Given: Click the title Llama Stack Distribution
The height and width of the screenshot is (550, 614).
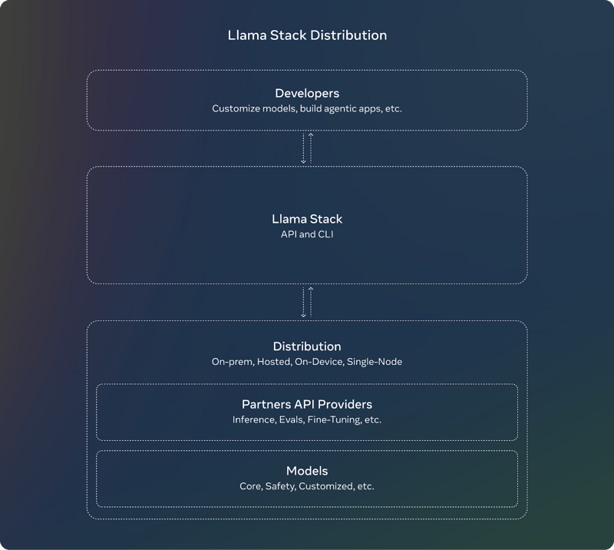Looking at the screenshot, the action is coord(307,35).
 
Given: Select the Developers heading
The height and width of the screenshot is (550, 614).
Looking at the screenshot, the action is coord(307,93).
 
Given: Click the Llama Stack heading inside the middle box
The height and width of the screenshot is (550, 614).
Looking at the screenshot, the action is coord(307,219).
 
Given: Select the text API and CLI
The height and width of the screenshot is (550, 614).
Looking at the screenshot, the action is coord(307,234).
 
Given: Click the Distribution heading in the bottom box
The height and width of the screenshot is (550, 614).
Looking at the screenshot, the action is coord(307,346).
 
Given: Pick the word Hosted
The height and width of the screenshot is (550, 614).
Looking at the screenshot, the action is coord(275,362).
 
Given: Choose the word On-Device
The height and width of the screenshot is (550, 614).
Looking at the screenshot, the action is coord(319,362).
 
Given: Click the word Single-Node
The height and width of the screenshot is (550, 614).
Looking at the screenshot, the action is coord(375,362).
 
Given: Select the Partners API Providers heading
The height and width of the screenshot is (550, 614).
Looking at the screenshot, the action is coord(307,404).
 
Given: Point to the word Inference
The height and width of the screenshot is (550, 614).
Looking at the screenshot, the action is coord(255,420).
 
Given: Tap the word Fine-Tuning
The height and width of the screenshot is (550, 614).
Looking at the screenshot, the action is coord(335,420).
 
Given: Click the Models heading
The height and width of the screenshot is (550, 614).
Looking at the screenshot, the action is coord(307,471).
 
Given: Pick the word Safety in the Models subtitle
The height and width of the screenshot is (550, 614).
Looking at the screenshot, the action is coord(281,486).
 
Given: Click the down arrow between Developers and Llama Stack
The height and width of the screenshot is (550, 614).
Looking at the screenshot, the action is coord(303,148).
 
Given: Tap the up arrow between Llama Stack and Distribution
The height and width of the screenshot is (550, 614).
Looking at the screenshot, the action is coord(311,302).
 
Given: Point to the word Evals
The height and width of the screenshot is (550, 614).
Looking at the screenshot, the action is coord(292,420).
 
